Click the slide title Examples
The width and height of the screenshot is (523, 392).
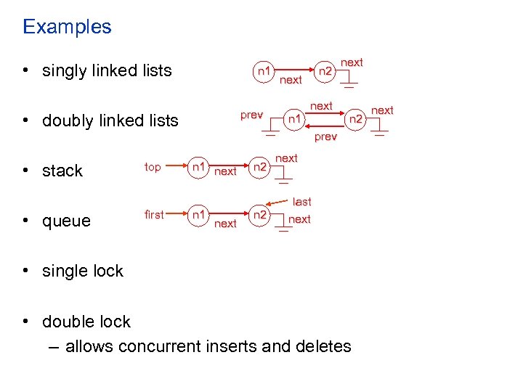[x=67, y=27]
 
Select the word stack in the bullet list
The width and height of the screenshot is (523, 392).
[x=62, y=171]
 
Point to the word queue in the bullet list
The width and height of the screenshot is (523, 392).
[x=67, y=221]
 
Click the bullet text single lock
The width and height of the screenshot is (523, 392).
[x=83, y=271]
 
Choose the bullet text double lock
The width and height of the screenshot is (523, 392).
[x=86, y=322]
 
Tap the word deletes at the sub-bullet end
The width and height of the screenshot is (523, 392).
[x=324, y=346]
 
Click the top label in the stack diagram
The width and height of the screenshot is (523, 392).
[x=153, y=167]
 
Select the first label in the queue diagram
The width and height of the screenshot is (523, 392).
[x=154, y=215]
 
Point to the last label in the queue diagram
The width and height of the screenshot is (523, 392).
[x=302, y=202]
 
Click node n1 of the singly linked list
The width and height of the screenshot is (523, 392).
[x=264, y=70]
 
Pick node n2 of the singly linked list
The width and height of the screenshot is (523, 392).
[x=326, y=71]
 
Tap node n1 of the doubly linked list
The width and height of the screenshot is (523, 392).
[x=293, y=117]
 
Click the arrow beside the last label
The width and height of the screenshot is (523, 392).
[x=278, y=204]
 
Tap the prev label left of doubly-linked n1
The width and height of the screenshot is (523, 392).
[x=251, y=115]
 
